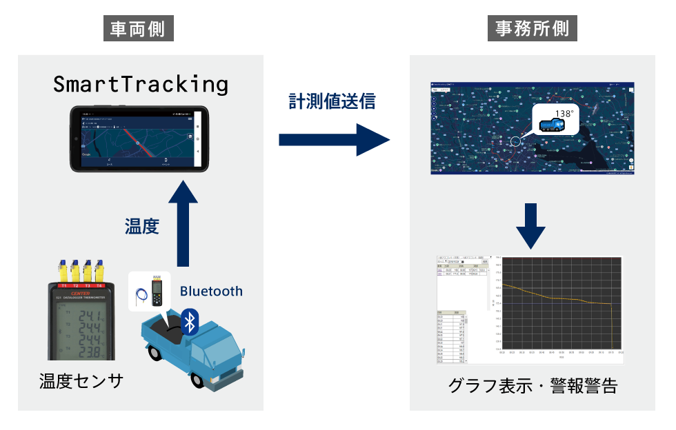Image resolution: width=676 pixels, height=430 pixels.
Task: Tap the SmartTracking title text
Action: tap(141, 84)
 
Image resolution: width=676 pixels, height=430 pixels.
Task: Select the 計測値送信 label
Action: tap(332, 101)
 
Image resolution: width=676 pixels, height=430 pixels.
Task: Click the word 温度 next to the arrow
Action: tap(142, 225)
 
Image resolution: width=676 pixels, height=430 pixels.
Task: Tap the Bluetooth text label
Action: tap(211, 291)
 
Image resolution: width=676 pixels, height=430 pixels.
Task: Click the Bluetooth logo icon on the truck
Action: tap(189, 321)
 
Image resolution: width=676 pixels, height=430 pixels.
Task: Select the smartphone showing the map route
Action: tap(139, 139)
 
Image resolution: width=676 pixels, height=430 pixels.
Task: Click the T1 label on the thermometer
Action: tap(64, 285)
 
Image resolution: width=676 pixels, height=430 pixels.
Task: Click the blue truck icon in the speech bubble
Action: tap(552, 124)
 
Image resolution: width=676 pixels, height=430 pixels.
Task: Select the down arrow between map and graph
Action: tap(532, 225)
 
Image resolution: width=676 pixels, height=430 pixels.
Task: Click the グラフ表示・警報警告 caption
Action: tap(532, 386)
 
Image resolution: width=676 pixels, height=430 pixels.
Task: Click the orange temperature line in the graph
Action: tap(552, 297)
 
